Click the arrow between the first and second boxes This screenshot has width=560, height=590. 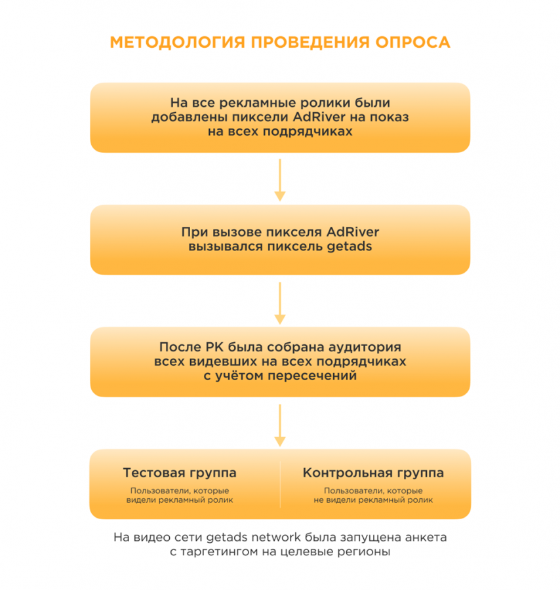(280, 179)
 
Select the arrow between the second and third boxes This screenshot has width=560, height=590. (280, 302)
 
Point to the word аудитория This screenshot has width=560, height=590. (367, 347)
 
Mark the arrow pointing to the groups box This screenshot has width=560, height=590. (280, 425)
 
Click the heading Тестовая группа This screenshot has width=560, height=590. (180, 473)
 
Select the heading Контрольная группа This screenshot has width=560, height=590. (373, 473)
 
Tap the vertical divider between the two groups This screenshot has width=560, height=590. (280, 484)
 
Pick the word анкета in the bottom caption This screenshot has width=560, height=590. (425, 537)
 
